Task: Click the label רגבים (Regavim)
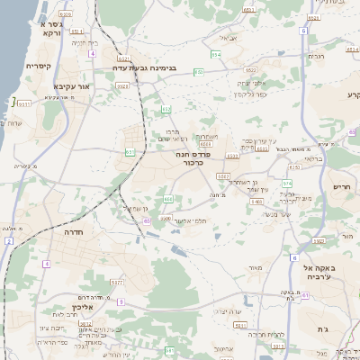pos(315,56)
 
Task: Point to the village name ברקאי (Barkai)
pos(311,157)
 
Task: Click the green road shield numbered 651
pos(130,152)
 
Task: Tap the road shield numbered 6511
pos(24,103)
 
